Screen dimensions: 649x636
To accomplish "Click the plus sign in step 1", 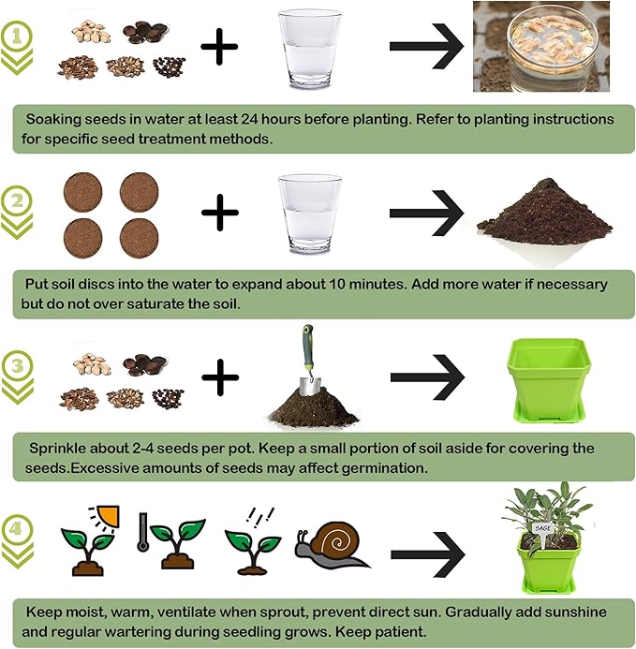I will (219, 47).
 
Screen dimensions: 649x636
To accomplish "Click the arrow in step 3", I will (427, 378).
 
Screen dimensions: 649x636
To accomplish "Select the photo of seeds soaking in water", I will (540, 46).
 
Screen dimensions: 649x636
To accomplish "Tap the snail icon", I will (330, 546).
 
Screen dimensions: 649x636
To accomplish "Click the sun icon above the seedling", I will (110, 511).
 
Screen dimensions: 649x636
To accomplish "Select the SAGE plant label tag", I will (543, 527).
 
